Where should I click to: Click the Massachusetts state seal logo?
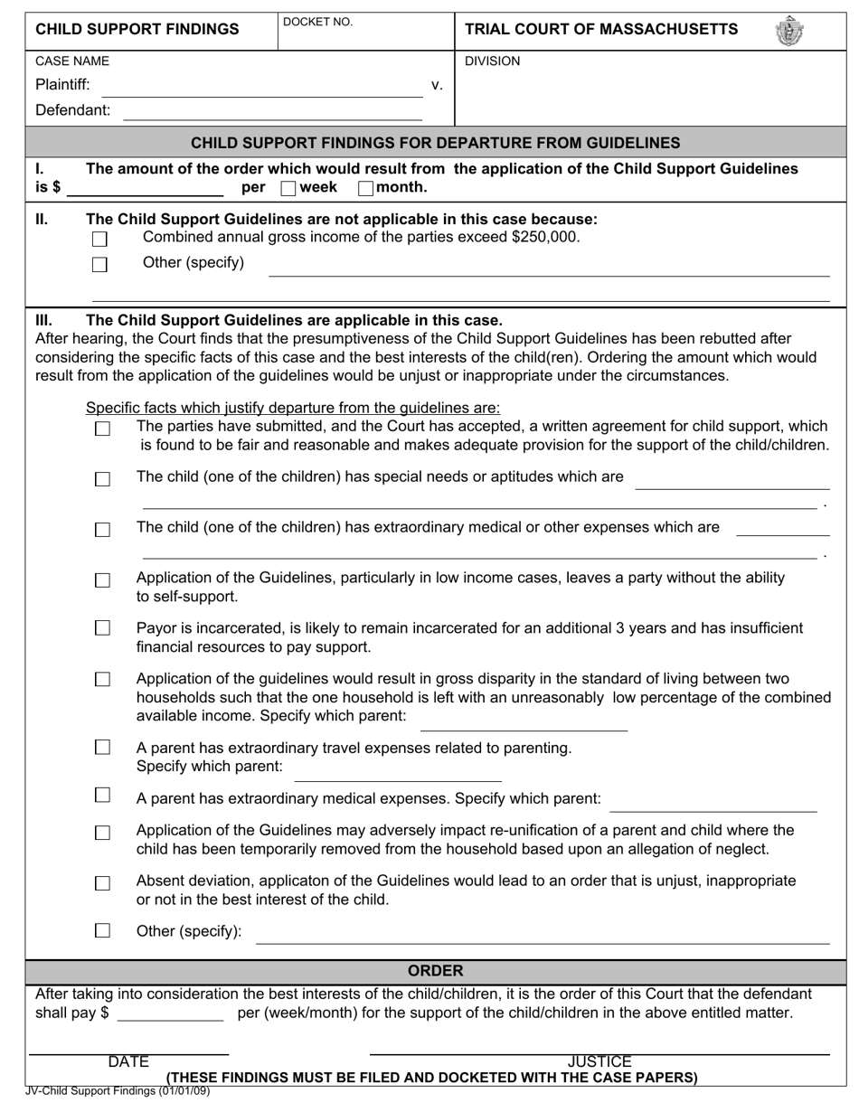click(788, 31)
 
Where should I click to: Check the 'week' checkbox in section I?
click(288, 188)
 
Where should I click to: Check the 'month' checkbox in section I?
click(365, 188)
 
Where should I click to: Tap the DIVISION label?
click(492, 61)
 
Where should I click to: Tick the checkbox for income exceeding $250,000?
click(100, 240)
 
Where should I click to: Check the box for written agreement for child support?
click(102, 429)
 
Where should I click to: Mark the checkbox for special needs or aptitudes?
click(102, 479)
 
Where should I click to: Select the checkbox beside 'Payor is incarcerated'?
click(102, 627)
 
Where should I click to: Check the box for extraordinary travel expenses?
click(102, 747)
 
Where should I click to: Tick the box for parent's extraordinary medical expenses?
click(102, 795)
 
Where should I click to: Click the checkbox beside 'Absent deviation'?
click(102, 882)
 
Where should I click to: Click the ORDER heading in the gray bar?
click(435, 970)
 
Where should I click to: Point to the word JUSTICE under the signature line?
click(599, 1062)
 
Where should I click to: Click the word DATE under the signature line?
click(128, 1062)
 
